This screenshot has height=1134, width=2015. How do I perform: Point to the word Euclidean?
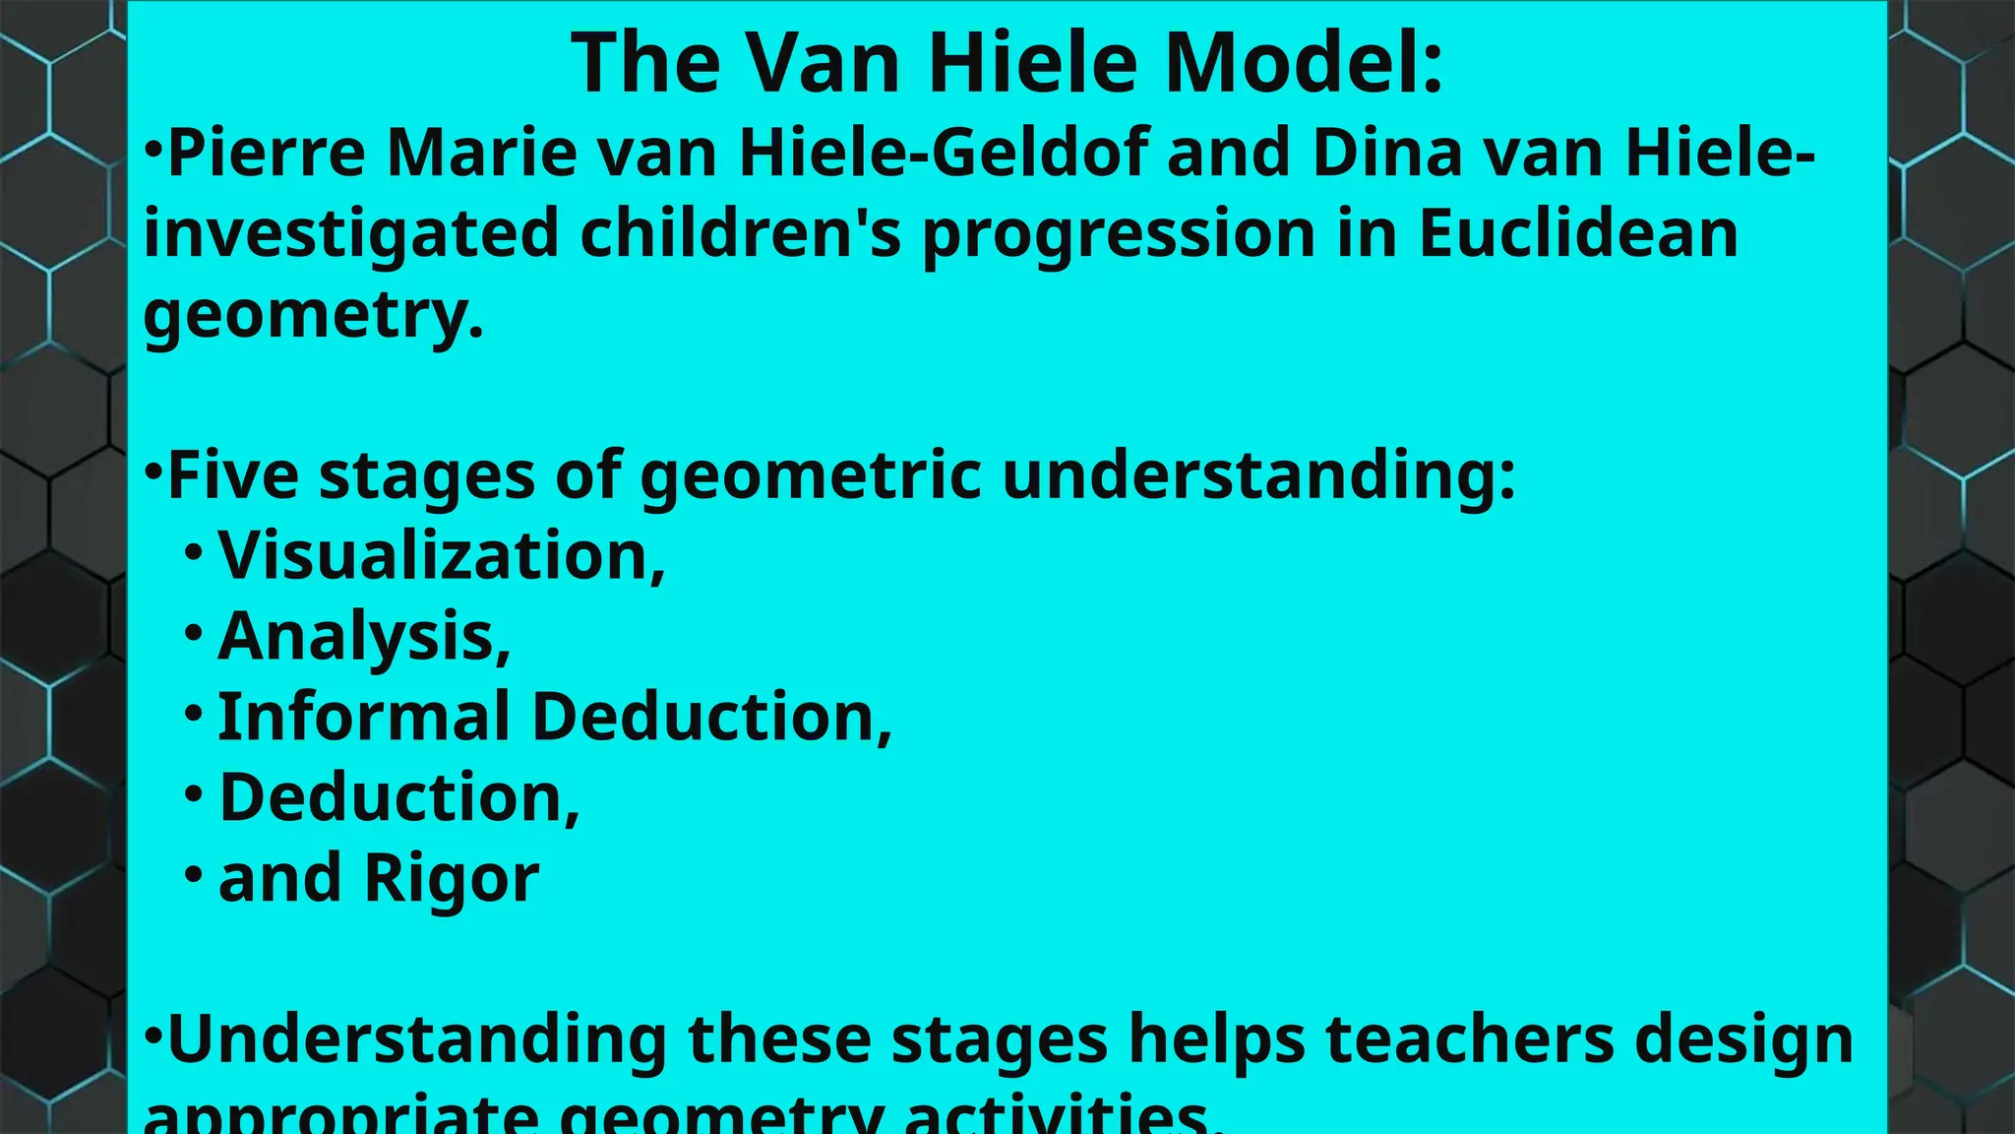pyautogui.click(x=1578, y=234)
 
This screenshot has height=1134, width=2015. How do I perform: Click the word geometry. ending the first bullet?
pyautogui.click(x=314, y=315)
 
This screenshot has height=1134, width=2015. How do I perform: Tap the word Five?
pyautogui.click(x=233, y=476)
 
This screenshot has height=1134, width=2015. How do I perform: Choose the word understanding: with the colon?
pyautogui.click(x=1258, y=476)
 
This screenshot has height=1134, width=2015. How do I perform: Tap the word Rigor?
pyautogui.click(x=452, y=878)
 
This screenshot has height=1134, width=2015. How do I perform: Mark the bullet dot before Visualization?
pyautogui.click(x=193, y=550)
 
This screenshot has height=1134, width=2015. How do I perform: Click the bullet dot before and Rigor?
pyautogui.click(x=193, y=872)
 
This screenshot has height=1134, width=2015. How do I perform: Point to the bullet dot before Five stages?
pyautogui.click(x=153, y=471)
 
